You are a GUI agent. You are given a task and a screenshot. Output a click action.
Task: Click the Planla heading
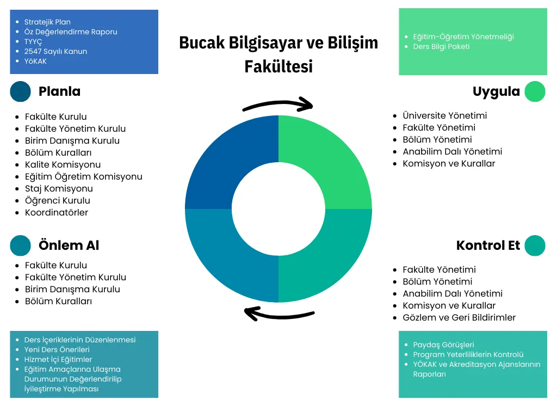[x=59, y=91]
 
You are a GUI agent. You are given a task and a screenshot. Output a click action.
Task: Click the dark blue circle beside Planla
[x=20, y=91]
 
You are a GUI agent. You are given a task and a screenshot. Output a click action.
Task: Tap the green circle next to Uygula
[x=535, y=91]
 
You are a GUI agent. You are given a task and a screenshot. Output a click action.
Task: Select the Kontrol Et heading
[x=488, y=245]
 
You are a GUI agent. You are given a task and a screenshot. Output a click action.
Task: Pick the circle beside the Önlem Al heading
[x=20, y=245]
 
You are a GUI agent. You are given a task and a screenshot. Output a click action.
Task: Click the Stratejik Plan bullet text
[x=47, y=22]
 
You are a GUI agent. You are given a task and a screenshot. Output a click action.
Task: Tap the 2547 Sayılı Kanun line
[x=55, y=51]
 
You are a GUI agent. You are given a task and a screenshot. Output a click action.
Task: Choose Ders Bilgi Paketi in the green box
[x=441, y=47]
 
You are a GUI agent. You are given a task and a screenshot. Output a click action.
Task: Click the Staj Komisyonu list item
[x=59, y=189]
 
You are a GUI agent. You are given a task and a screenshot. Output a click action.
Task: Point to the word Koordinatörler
[x=56, y=213]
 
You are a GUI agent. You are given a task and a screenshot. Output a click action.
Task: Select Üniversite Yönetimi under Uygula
[x=445, y=115]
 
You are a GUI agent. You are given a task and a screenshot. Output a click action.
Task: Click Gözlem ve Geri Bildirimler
[x=459, y=317]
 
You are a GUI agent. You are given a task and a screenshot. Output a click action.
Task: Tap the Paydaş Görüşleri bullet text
[x=443, y=345]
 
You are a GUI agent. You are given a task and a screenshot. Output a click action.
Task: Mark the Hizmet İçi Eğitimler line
[x=58, y=359]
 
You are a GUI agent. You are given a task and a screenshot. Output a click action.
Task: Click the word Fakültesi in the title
[x=278, y=66]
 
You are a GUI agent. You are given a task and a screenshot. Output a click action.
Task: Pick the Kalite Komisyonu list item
[x=63, y=164]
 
